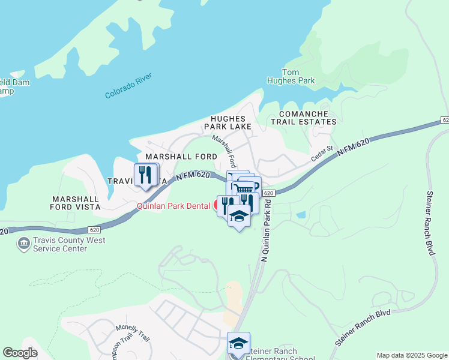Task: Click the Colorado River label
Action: point(128,86)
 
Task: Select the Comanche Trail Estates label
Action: point(303,118)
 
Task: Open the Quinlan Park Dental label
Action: point(172,205)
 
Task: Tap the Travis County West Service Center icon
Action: point(24,244)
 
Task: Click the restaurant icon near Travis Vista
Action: point(145,174)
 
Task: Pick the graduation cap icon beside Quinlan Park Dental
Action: point(239,216)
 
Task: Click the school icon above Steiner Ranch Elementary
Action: point(238,343)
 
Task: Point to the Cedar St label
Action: point(322,155)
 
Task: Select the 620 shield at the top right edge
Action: point(444,121)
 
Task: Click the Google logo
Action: point(20,353)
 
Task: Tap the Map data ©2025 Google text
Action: point(411,355)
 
